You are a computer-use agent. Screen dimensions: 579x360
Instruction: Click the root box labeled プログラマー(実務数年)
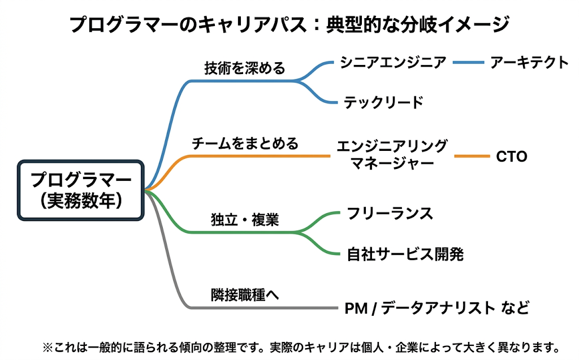tap(80, 190)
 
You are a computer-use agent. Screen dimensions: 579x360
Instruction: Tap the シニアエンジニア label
tap(393, 62)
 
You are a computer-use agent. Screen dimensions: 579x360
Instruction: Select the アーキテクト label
tap(529, 62)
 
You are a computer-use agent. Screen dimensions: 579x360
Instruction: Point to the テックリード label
tap(383, 102)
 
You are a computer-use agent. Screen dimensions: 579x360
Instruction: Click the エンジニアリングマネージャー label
tap(392, 155)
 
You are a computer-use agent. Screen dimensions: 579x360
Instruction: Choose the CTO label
tap(511, 157)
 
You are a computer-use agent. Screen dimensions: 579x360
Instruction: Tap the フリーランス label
tap(390, 214)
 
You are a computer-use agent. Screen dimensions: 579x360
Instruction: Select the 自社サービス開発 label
tap(405, 254)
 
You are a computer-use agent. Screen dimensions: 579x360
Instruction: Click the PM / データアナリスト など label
tap(437, 308)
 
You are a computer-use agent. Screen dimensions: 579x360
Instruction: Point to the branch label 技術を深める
tap(245, 68)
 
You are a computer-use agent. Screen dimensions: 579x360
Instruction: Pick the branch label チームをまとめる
tap(245, 143)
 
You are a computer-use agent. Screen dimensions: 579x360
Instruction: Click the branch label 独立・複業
tap(245, 220)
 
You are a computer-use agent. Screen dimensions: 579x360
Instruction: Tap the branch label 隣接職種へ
tap(245, 294)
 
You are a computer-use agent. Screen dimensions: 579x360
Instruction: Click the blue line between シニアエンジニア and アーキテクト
tap(468, 62)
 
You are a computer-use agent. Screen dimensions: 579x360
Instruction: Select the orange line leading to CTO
tap(472, 156)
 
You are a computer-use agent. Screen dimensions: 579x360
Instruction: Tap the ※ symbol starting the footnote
tap(48, 348)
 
